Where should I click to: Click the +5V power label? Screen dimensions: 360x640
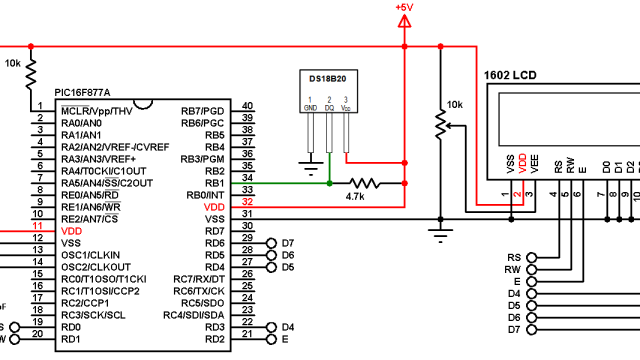404,7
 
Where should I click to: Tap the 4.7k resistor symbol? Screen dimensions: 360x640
362,183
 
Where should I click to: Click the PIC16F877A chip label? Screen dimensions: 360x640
89,92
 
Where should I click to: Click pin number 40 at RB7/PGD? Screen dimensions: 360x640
247,107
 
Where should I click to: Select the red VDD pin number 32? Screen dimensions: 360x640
247,205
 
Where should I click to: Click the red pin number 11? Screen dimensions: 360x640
38,229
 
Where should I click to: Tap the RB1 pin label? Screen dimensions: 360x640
214,182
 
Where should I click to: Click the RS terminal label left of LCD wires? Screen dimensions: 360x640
514,257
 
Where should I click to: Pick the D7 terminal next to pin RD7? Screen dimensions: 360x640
288,243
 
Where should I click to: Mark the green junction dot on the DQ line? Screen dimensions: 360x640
329,183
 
